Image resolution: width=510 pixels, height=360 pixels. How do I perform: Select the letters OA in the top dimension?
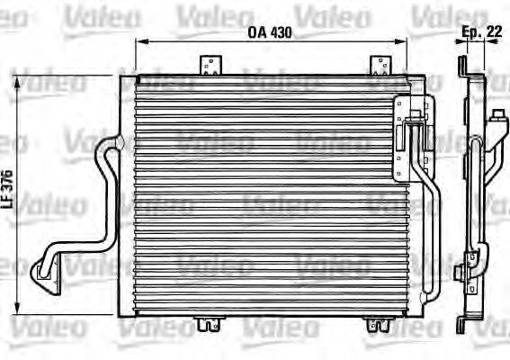(257, 34)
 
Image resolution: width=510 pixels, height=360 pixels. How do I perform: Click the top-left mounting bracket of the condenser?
(210, 66)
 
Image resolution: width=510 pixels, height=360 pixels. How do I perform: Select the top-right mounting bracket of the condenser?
(380, 66)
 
